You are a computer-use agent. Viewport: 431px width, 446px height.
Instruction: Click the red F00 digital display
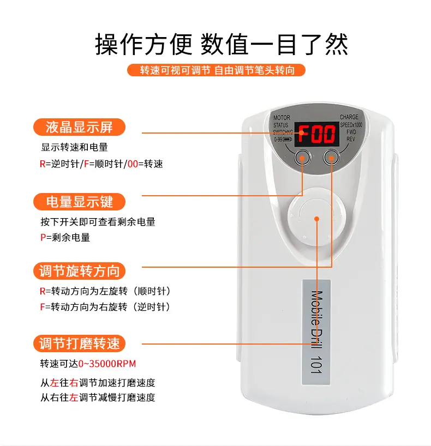(x=316, y=134)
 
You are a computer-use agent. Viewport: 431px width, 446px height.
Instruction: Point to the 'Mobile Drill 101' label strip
(x=316, y=332)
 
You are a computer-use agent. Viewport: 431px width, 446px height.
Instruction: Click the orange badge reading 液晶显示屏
(x=79, y=127)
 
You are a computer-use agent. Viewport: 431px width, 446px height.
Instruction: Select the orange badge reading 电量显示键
(x=79, y=202)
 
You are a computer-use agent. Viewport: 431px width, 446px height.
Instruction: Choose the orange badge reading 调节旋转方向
(x=79, y=271)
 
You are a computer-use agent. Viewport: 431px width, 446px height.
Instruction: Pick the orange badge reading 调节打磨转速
(x=79, y=343)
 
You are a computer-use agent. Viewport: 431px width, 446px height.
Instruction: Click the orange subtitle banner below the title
(x=216, y=70)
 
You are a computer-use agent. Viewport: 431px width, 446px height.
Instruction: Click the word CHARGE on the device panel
(x=349, y=117)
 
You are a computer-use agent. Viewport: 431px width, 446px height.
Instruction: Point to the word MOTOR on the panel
(x=282, y=117)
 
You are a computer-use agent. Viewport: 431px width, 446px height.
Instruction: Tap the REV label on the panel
(x=351, y=139)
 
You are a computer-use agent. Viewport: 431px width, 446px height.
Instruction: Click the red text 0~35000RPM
(x=107, y=364)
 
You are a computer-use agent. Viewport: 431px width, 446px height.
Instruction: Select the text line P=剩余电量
(x=65, y=237)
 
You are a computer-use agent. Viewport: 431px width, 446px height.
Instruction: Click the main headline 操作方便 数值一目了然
(x=222, y=44)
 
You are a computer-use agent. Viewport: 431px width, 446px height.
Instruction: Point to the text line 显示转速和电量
(x=74, y=147)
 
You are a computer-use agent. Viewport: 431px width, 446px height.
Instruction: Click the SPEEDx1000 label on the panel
(x=351, y=125)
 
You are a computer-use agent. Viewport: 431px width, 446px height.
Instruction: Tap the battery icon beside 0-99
(x=287, y=140)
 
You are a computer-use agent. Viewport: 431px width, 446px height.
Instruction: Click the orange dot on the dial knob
(x=316, y=219)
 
